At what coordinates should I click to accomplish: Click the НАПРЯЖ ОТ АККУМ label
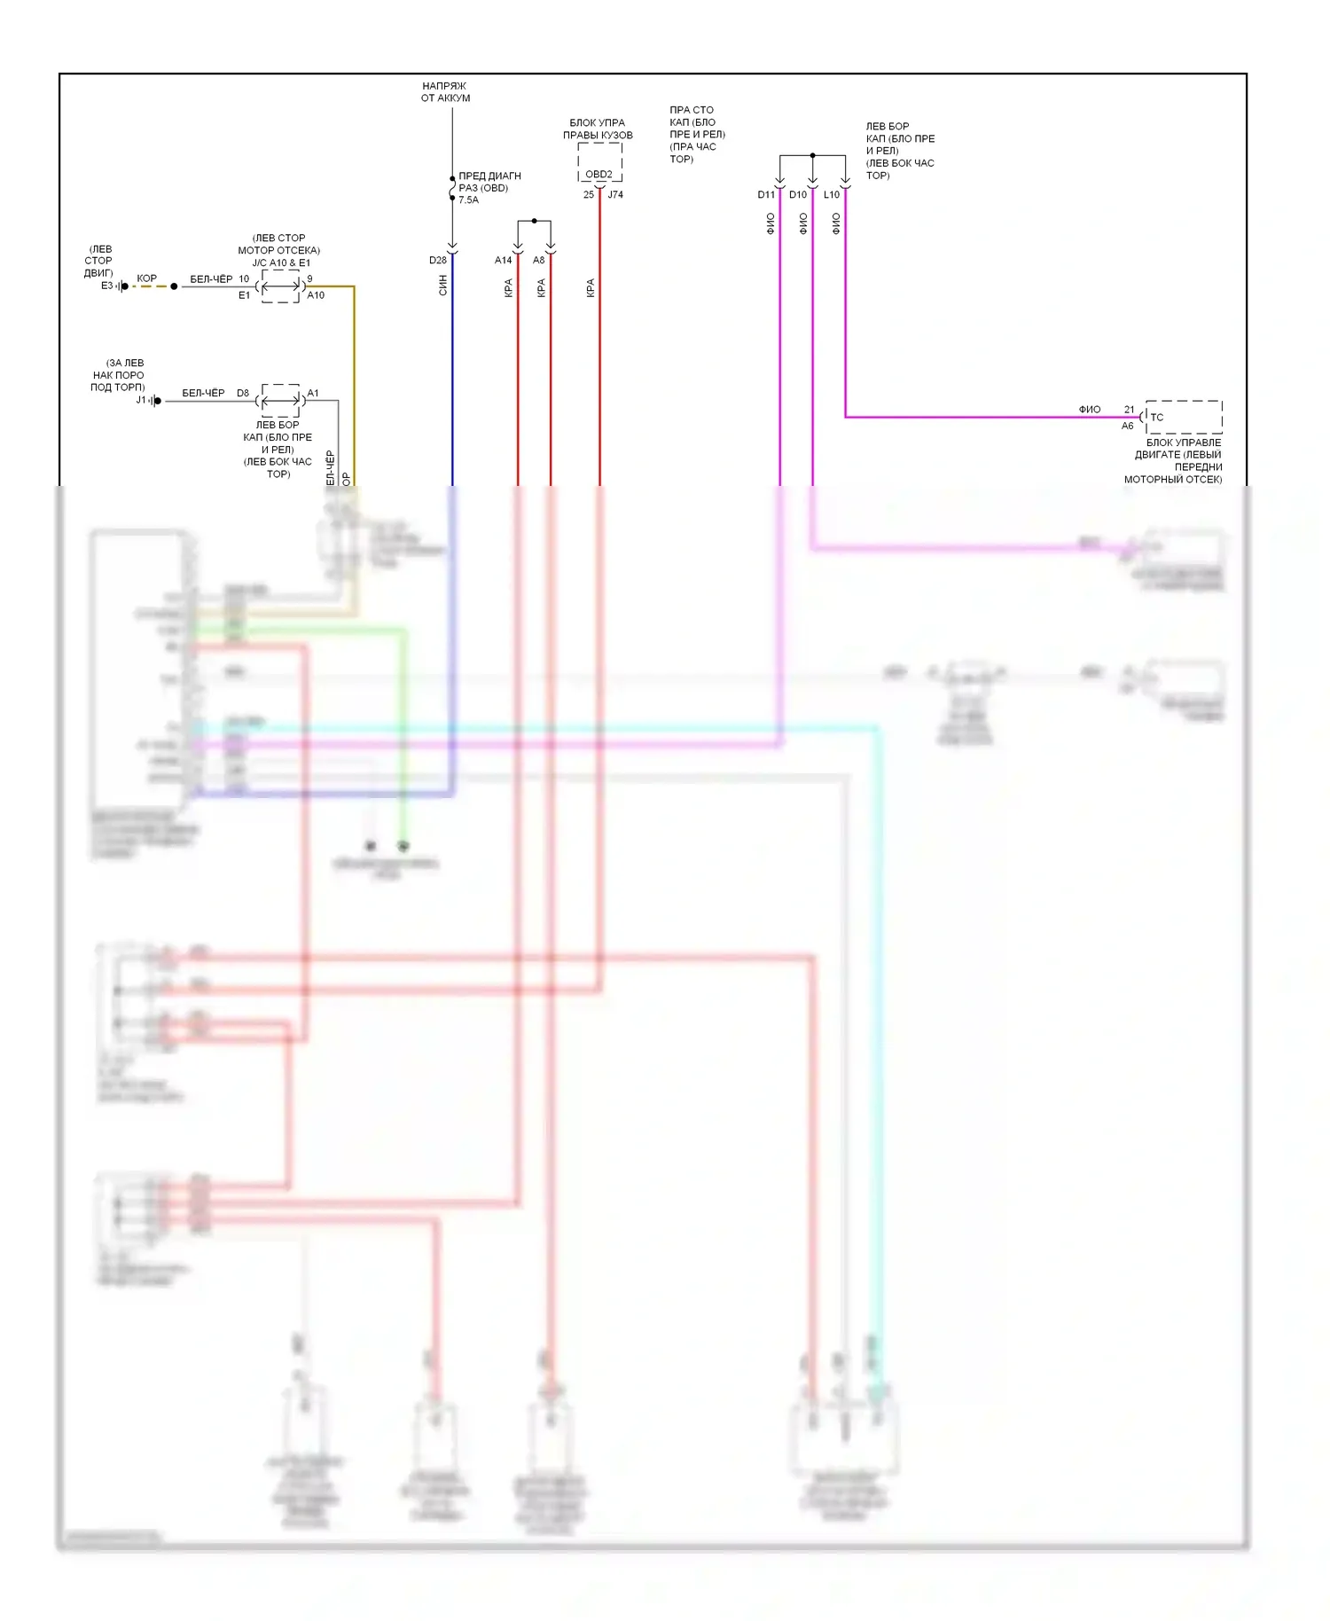tap(445, 92)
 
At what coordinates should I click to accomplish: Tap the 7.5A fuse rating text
tap(468, 200)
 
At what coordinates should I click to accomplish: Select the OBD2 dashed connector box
tap(599, 163)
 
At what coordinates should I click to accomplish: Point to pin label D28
tap(438, 261)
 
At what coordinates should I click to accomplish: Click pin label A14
tap(503, 261)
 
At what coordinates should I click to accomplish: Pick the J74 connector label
tap(615, 195)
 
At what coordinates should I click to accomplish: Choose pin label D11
tap(765, 195)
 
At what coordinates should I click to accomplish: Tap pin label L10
tap(831, 195)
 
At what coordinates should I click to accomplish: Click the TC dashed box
tap(1183, 417)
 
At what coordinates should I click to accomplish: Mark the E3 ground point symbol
tap(122, 286)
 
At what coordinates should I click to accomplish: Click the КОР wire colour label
tap(147, 278)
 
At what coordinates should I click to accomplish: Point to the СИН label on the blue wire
tap(443, 286)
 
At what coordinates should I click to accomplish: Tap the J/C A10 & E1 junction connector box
tap(280, 286)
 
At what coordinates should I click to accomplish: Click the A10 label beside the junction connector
tap(316, 295)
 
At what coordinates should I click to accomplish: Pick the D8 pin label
tap(242, 393)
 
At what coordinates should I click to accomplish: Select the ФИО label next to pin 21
tap(1090, 410)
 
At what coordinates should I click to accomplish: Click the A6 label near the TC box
tap(1127, 427)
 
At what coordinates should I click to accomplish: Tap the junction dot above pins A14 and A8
tap(534, 221)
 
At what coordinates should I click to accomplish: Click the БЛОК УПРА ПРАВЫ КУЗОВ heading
tap(598, 129)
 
